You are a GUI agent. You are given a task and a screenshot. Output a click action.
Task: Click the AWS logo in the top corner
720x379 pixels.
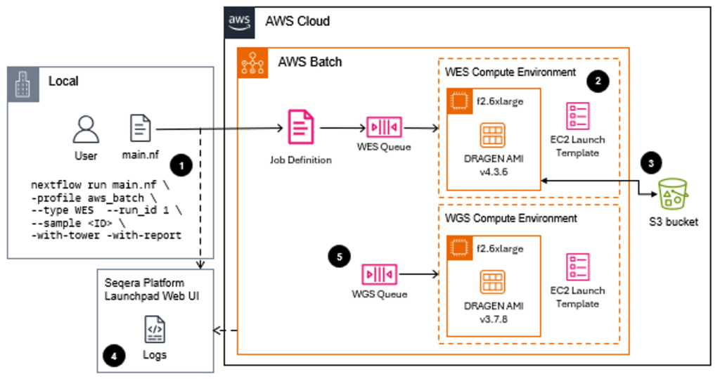coord(239,21)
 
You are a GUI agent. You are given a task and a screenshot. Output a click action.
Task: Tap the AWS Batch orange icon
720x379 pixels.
coord(252,63)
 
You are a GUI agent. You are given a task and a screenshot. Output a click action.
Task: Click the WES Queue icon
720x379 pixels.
coord(382,128)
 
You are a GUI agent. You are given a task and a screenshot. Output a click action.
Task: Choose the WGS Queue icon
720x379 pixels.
coord(380,273)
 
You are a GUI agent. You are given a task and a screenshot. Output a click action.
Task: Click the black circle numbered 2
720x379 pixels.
coord(598,81)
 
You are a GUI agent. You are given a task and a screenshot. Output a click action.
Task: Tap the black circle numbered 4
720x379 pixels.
coord(113,355)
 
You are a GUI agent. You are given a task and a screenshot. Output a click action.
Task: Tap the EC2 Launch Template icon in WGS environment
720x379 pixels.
coord(578,268)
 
